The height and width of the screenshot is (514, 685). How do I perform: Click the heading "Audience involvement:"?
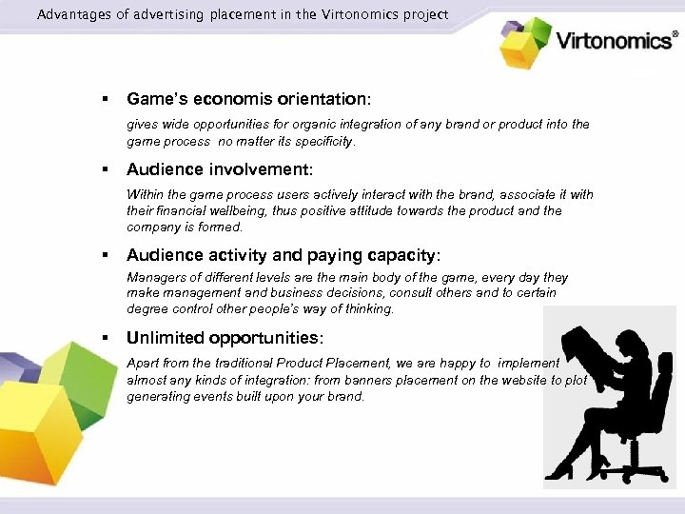point(219,170)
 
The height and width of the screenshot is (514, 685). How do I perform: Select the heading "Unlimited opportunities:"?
point(225,338)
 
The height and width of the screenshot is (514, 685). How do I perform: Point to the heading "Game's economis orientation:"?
point(248,98)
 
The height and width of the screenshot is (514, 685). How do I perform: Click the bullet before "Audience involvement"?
point(107,170)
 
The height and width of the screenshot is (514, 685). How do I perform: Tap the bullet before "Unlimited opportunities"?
point(107,338)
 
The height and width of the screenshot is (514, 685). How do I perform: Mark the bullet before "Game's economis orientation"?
point(107,98)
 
